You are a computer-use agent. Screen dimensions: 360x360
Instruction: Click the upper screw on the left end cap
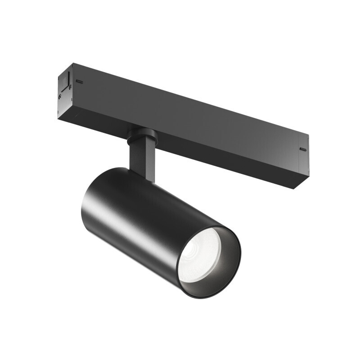[x=70, y=86]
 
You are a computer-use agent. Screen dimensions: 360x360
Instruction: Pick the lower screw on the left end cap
[x=60, y=96]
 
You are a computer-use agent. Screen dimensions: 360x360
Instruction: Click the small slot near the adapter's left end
[x=80, y=81]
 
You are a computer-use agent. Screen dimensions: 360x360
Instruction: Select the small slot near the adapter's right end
[x=303, y=149]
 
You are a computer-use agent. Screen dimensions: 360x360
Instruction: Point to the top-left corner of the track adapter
[x=73, y=64]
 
